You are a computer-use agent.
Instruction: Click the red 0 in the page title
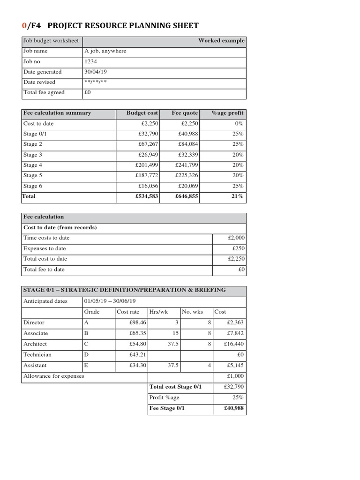click(x=25, y=26)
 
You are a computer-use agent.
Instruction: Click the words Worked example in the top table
click(x=221, y=41)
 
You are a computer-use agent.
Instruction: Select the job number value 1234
click(x=90, y=61)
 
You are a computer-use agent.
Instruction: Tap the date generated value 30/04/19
click(x=96, y=72)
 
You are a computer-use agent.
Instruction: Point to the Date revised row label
click(x=39, y=82)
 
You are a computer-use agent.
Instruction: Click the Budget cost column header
click(x=142, y=113)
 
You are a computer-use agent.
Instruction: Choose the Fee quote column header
click(x=185, y=113)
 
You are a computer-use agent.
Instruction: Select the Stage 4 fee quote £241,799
click(x=187, y=165)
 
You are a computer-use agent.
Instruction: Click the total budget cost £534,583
click(x=147, y=197)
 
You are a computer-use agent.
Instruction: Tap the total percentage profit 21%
click(x=237, y=197)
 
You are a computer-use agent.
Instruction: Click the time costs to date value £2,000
click(x=235, y=238)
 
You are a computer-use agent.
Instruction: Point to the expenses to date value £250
click(x=238, y=248)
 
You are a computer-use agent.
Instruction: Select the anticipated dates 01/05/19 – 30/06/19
click(x=110, y=301)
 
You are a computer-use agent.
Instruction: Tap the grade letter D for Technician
click(x=86, y=355)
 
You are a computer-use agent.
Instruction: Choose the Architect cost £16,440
click(x=235, y=344)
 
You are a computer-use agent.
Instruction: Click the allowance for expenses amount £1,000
click(x=235, y=376)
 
